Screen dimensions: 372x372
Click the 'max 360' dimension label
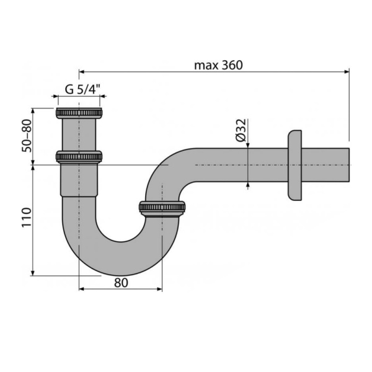click(218, 64)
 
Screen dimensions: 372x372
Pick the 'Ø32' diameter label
click(241, 131)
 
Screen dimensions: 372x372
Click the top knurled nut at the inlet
click(79, 113)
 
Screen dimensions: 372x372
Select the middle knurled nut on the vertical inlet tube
click(79, 156)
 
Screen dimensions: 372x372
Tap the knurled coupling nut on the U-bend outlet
click(162, 209)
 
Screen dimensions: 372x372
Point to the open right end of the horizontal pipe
click(350, 166)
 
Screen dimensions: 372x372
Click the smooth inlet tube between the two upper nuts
click(79, 135)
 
